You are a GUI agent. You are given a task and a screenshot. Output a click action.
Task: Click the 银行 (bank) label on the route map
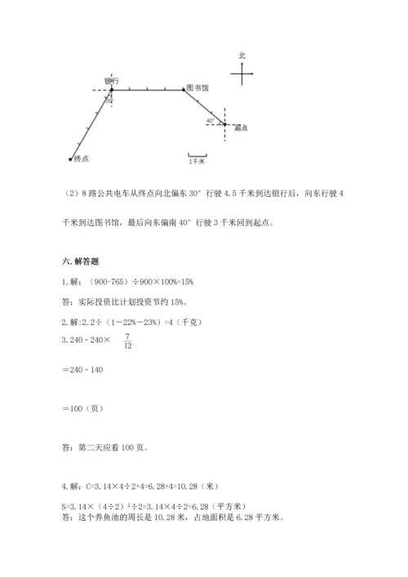tap(113, 81)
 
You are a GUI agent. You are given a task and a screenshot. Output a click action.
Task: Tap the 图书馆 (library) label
tap(197, 87)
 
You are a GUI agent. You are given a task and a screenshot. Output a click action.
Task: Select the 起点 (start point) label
tap(240, 128)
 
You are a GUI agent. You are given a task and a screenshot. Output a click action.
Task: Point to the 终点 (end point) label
tap(81, 158)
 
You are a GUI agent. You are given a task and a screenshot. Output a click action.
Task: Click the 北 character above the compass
tap(242, 55)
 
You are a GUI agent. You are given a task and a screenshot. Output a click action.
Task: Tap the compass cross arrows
tap(242, 75)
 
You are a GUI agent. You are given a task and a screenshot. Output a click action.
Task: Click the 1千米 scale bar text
tap(196, 162)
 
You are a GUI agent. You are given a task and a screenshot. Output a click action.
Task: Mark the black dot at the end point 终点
tap(71, 158)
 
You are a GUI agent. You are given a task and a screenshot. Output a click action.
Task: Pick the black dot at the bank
tap(112, 90)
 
